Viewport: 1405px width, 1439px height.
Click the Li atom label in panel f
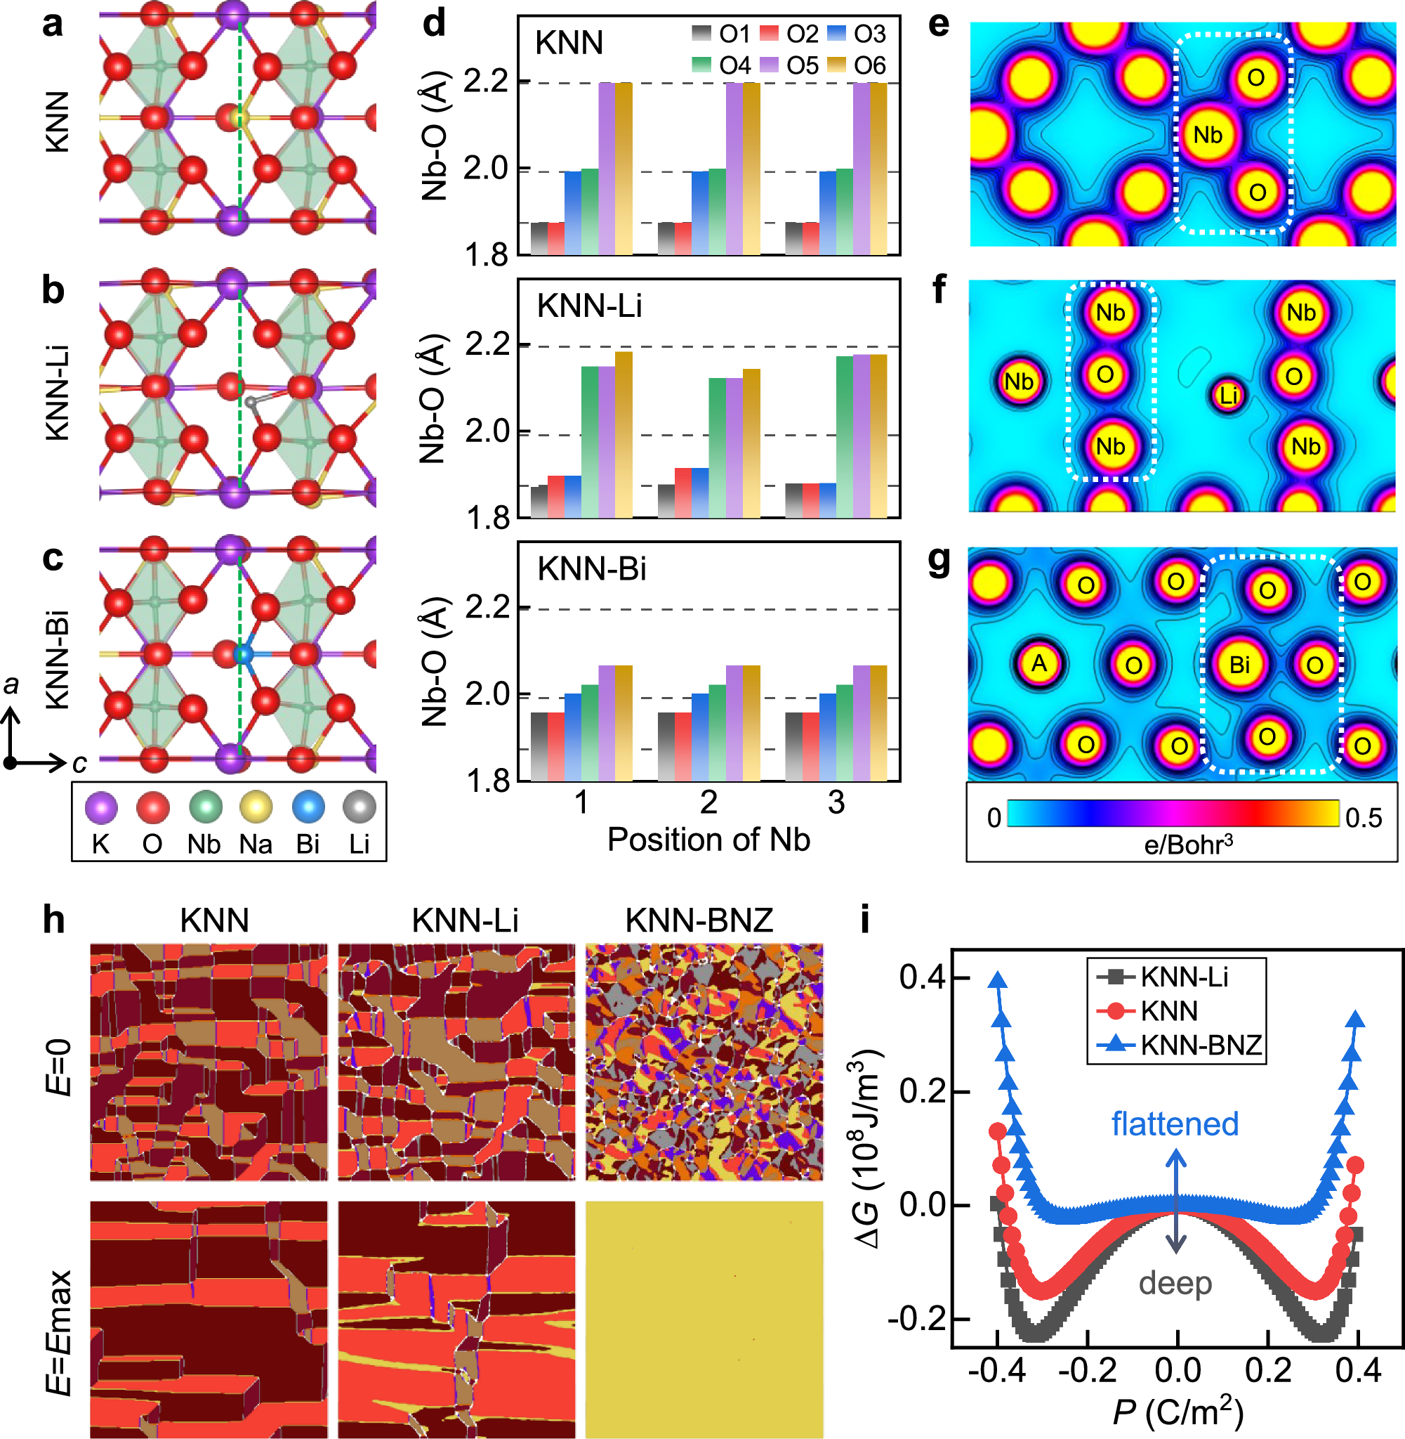[x=1227, y=396]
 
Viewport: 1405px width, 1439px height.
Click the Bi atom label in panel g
[x=1239, y=665]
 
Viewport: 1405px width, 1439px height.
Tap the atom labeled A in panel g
[x=1039, y=663]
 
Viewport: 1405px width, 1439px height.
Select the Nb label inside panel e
[x=1207, y=135]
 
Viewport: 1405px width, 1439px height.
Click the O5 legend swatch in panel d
[x=769, y=65]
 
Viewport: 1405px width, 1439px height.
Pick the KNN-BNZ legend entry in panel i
[x=1201, y=1046]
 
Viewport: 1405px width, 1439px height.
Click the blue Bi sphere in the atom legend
[x=308, y=807]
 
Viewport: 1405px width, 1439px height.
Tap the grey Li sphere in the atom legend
[x=360, y=807]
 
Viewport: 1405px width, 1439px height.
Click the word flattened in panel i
[x=1174, y=1124]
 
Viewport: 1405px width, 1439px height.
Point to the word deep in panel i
[x=1175, y=1283]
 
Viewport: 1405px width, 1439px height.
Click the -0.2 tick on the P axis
[x=1087, y=1370]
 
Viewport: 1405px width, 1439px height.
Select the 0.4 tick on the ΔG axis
[x=923, y=977]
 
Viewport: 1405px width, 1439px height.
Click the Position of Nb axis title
[x=708, y=840]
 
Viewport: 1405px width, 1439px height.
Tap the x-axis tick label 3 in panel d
[x=836, y=802]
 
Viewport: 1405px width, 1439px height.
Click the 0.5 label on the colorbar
[x=1363, y=817]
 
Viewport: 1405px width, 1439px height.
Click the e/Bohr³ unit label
[x=1187, y=844]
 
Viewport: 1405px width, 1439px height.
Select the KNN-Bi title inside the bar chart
[x=591, y=568]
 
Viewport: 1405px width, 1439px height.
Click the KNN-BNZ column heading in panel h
[x=699, y=920]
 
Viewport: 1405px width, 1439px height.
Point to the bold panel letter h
[x=54, y=920]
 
